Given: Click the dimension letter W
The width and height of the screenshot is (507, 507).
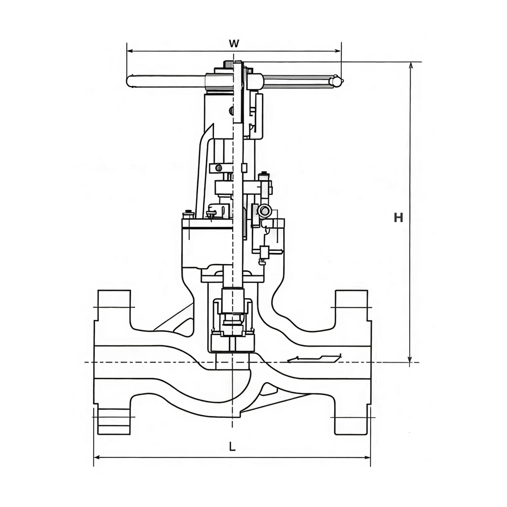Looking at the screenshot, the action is [x=234, y=43].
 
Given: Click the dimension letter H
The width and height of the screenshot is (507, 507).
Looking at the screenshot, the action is [x=399, y=218].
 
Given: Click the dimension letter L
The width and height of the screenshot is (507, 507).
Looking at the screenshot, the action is [x=232, y=447].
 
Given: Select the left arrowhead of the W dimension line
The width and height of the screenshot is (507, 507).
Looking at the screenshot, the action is [x=130, y=51].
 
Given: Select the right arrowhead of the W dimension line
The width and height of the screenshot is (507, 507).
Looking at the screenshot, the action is [x=338, y=51].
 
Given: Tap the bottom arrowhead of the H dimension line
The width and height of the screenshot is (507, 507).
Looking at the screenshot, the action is [x=410, y=358].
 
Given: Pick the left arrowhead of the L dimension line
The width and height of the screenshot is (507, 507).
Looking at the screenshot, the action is [x=97, y=457].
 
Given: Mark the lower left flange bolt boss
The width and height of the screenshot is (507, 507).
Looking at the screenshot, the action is [x=114, y=421].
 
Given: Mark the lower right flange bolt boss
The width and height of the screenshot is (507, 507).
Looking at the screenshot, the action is [x=352, y=421].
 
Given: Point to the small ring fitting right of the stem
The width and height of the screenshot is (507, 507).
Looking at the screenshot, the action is [x=266, y=211].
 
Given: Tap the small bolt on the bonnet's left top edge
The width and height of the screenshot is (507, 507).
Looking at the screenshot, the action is [x=188, y=214].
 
